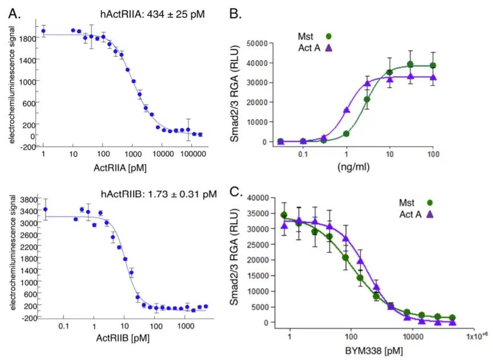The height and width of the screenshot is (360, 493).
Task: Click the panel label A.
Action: [14, 14]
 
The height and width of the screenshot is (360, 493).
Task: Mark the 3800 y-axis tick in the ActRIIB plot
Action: [28, 200]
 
